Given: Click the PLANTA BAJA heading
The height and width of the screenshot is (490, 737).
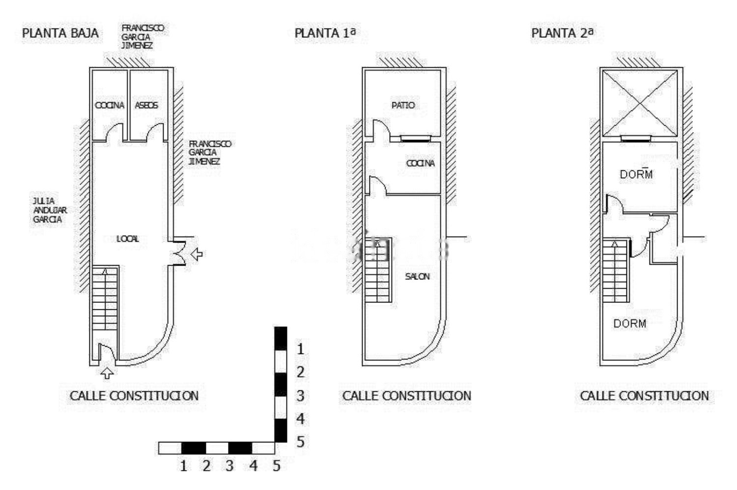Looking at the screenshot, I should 60,33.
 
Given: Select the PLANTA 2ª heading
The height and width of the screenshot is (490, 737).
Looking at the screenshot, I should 562,33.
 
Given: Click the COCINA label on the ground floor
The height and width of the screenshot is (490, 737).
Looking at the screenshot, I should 110,105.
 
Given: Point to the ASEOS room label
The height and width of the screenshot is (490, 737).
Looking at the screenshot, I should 146,105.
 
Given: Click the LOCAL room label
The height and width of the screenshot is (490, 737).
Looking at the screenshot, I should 128,239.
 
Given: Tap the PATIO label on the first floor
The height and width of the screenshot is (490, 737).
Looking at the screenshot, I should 403,105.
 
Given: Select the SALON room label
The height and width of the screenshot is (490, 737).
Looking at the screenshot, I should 417,276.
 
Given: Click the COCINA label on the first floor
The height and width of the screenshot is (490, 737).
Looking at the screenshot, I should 421,163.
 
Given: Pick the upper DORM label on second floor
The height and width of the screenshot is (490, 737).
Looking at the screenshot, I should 636,174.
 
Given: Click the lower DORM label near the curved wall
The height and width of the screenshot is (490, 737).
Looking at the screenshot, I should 629,324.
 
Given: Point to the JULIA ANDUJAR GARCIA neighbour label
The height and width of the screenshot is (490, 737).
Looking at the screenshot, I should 49,210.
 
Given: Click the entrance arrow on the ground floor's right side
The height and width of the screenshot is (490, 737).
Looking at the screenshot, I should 197,254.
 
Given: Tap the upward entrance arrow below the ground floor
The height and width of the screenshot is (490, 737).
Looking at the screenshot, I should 107,373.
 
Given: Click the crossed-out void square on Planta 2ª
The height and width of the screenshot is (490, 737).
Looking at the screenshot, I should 640,103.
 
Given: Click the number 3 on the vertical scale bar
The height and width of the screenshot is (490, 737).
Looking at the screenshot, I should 300,395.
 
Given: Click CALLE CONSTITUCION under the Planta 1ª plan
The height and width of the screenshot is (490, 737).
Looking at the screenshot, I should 406,396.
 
